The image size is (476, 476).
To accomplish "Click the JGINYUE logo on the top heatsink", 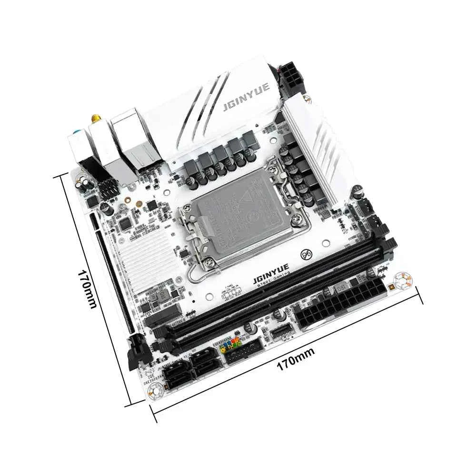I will click(246, 97).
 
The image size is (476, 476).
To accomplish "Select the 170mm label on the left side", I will click(88, 288).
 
